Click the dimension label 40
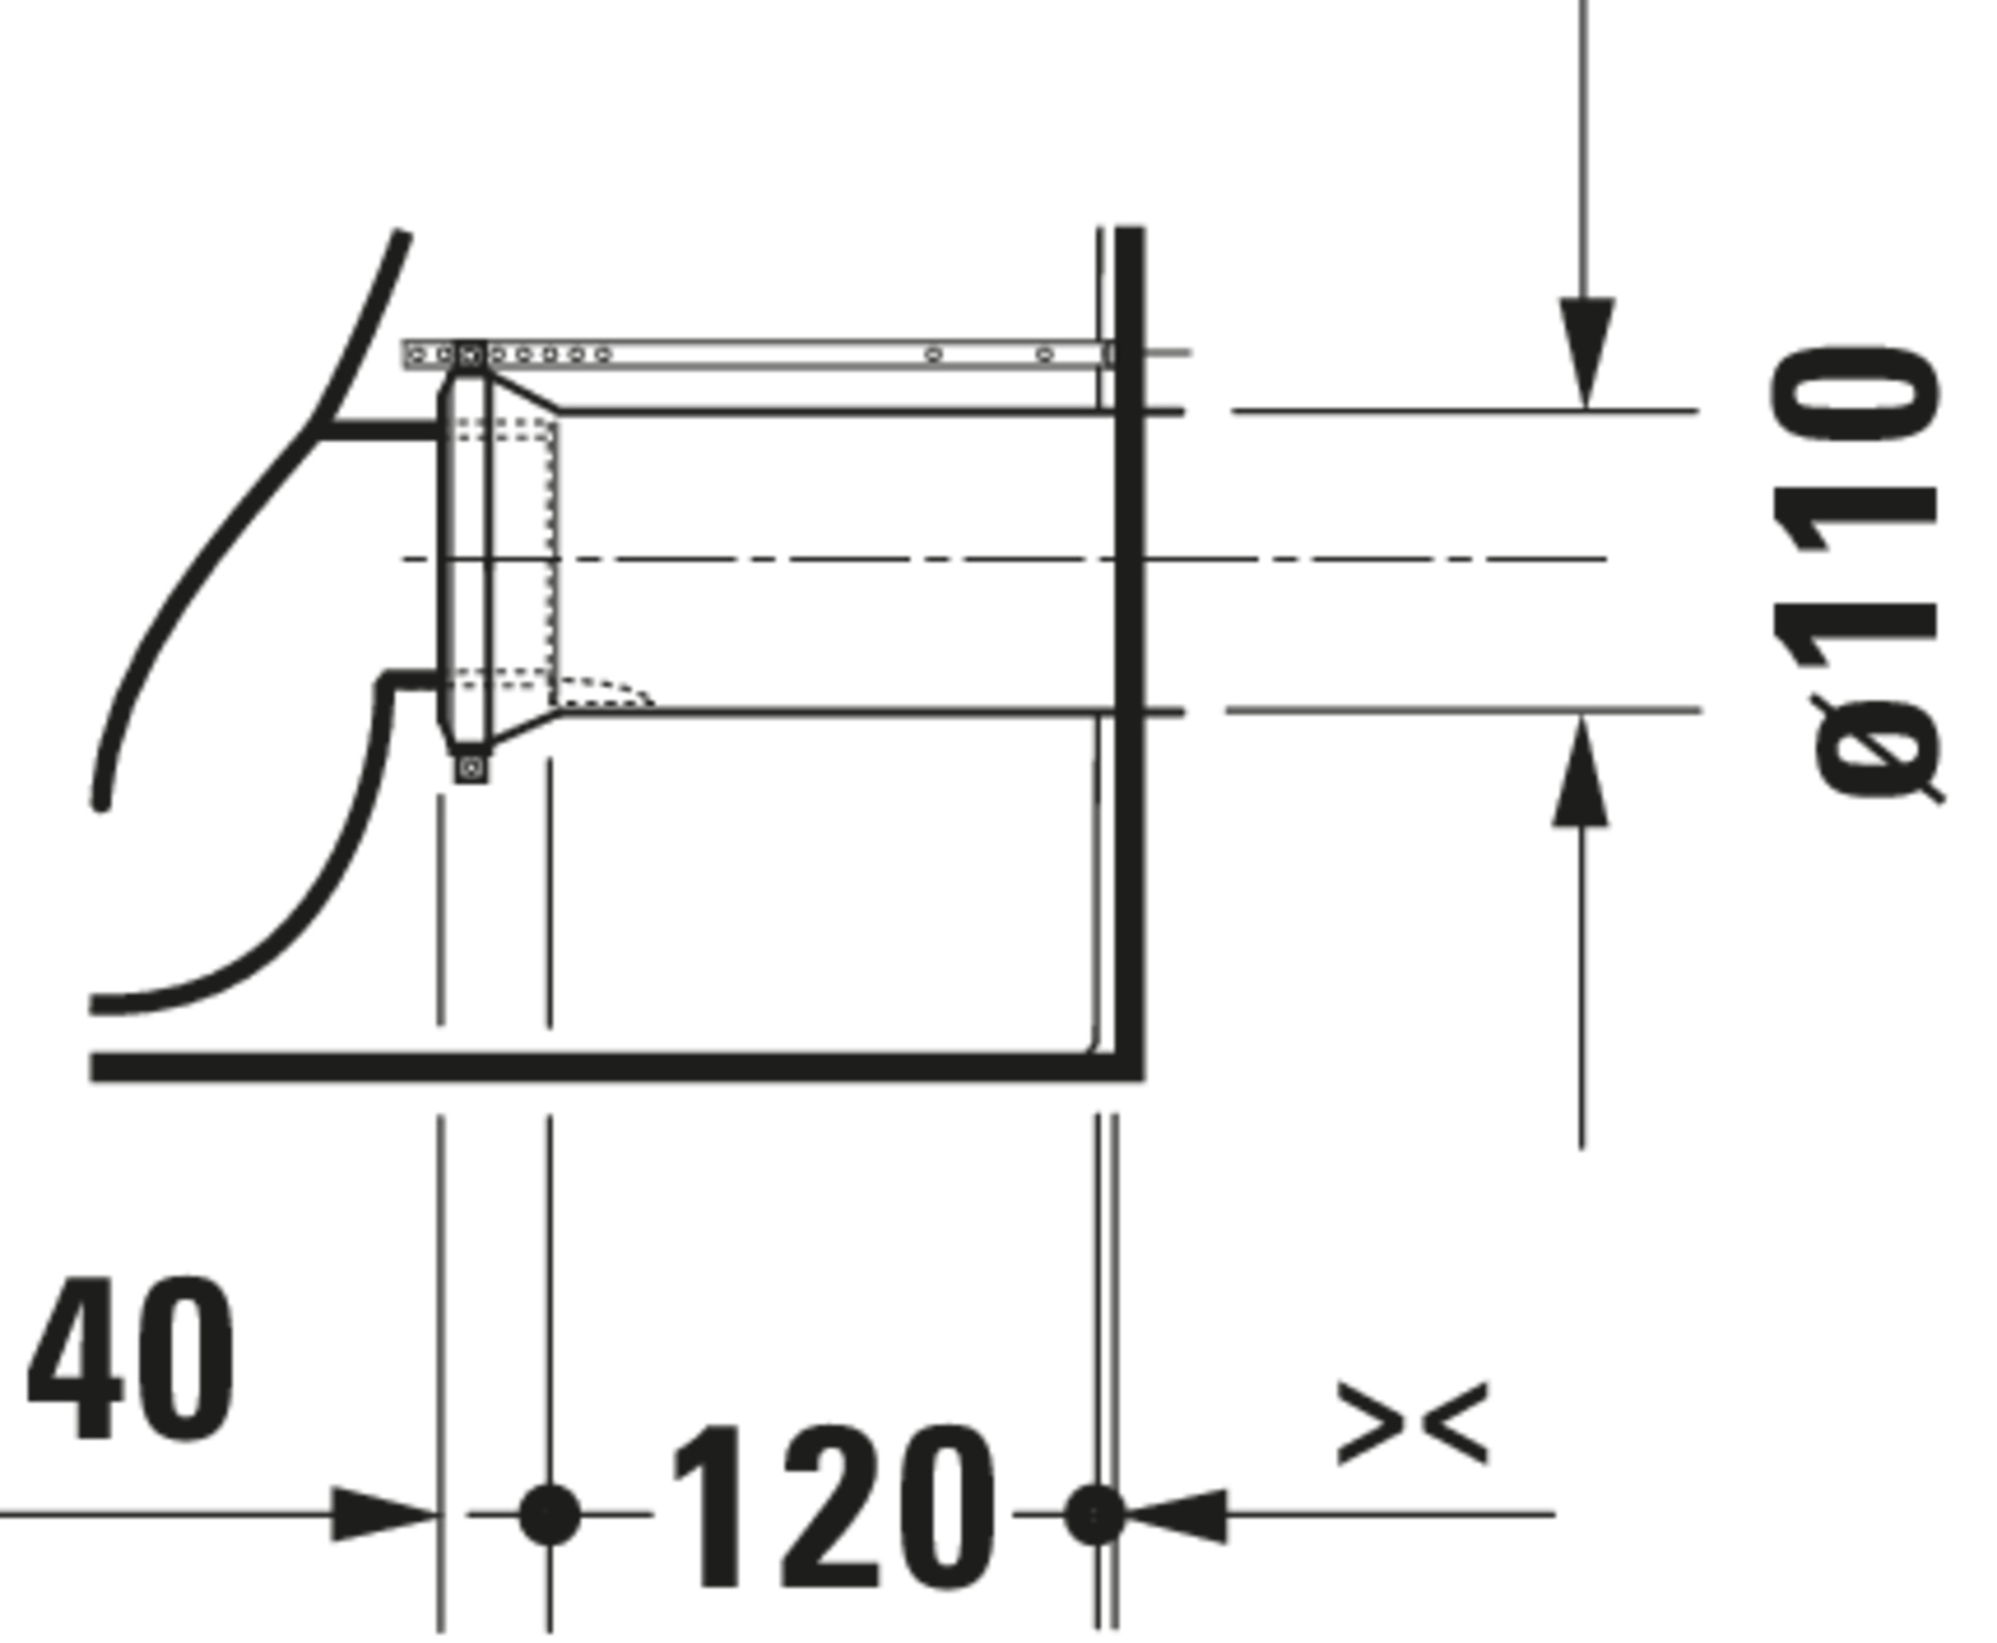pyautogui.click(x=130, y=1360)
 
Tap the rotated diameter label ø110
pyautogui.click(x=1856, y=575)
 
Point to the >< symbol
pyautogui.click(x=1413, y=1423)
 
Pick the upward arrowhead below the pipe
pyautogui.click(x=1580, y=772)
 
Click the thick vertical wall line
pyautogui.click(x=1130, y=653)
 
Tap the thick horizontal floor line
pyautogui.click(x=616, y=1067)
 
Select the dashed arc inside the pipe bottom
pyautogui.click(x=606, y=689)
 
